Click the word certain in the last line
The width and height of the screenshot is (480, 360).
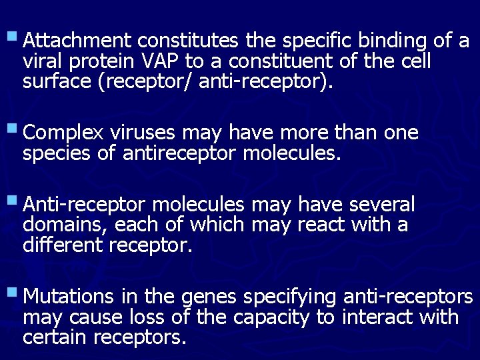(x=55, y=337)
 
